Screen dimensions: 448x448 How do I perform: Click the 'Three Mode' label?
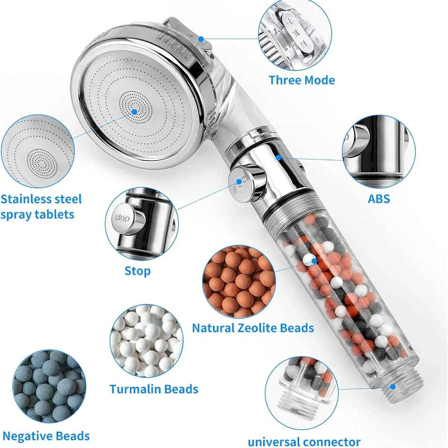point(301,80)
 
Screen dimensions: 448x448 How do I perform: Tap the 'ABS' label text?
point(379,198)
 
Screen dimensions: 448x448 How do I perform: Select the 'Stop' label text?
point(137,271)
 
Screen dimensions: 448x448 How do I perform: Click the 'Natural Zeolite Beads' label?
point(253,328)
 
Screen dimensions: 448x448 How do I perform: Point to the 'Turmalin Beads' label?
point(153,389)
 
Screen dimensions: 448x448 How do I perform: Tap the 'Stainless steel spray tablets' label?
point(41,207)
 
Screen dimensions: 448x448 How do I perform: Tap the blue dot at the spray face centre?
point(135,111)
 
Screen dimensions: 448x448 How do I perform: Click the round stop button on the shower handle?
point(241,181)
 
